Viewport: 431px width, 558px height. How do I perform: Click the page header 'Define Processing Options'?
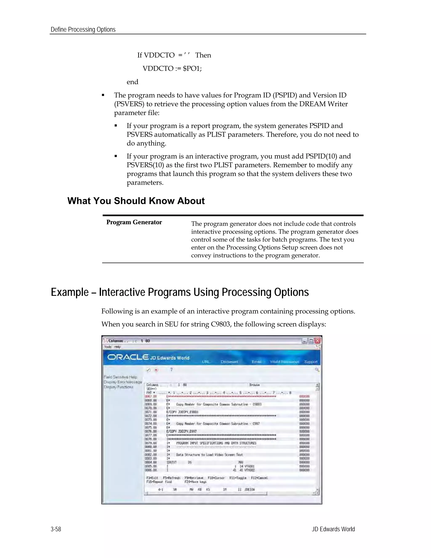coord(83,30)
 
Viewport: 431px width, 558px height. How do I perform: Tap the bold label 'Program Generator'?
coord(134,222)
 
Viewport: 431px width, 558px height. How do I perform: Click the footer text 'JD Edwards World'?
coord(333,529)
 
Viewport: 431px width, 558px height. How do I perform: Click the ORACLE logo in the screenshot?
coord(128,357)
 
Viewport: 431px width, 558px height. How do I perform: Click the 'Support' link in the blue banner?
coord(310,362)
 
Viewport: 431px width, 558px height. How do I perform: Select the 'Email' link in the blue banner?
coord(256,362)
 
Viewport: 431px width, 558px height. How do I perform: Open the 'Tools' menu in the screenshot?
coord(108,347)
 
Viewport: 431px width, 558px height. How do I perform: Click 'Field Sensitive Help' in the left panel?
coord(120,377)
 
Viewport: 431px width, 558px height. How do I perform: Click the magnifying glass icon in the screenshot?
coord(317,370)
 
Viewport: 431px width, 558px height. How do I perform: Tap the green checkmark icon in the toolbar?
coord(148,370)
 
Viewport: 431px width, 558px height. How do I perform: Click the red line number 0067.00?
coord(151,396)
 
